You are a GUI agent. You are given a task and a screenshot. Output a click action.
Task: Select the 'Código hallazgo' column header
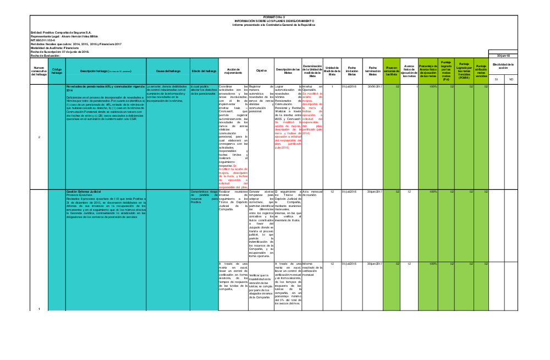point(57,71)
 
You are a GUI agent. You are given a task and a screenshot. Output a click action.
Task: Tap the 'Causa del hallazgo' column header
point(168,71)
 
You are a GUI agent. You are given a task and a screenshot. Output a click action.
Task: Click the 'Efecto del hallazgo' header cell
point(204,71)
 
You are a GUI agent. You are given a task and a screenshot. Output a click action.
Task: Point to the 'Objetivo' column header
point(261,71)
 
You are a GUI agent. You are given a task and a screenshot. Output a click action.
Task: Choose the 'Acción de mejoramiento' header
point(233,71)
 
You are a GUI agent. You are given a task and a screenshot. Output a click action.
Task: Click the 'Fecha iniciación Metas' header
point(352,71)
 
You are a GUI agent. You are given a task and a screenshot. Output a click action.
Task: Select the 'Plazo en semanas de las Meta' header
point(391,71)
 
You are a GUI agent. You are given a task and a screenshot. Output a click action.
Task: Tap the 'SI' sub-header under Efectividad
point(496,80)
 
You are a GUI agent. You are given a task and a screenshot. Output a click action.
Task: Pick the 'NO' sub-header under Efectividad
point(511,80)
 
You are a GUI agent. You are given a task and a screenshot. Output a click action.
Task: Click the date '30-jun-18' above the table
point(503,56)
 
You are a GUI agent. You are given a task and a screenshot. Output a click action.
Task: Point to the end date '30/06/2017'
point(375,86)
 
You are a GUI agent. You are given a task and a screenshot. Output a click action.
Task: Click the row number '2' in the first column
point(39,137)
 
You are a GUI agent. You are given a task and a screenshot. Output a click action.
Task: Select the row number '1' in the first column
point(39,308)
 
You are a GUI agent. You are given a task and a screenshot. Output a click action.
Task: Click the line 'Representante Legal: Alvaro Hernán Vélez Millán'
point(64,36)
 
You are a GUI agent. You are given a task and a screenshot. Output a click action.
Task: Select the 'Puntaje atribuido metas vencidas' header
point(481,71)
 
